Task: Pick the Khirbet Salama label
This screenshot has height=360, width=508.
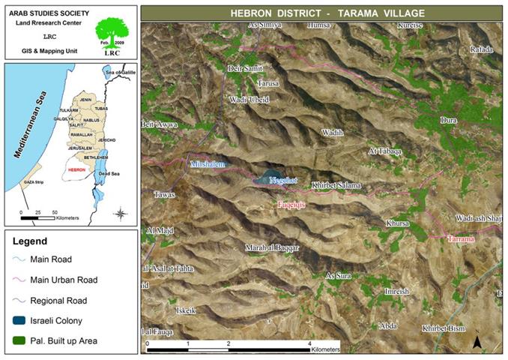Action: click(336, 185)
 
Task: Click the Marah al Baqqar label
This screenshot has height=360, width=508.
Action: click(272, 247)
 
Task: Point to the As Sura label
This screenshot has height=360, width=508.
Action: click(339, 276)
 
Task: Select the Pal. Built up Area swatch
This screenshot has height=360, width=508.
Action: click(19, 340)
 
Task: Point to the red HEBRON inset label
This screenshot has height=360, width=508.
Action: click(76, 169)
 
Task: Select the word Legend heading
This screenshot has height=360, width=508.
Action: click(30, 241)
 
